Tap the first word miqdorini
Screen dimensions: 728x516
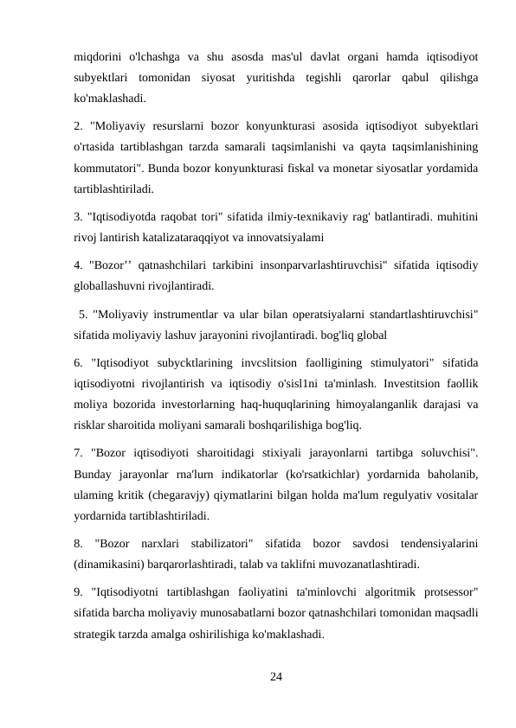(98, 57)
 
